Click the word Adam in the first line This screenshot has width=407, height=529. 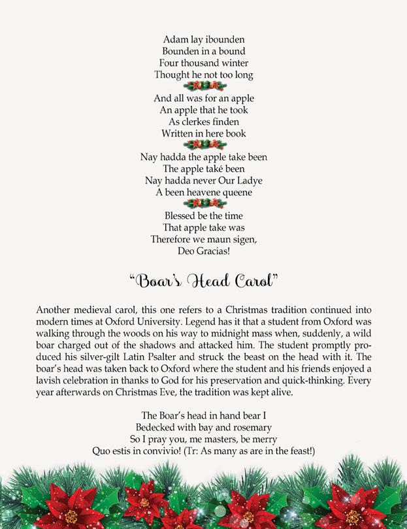pyautogui.click(x=172, y=39)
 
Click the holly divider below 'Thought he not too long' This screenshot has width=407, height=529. pyautogui.click(x=203, y=86)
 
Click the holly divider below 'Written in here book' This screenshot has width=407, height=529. pyautogui.click(x=203, y=145)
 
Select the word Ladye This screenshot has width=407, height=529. pyautogui.click(x=252, y=181)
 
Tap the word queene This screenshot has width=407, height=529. pyautogui.click(x=227, y=193)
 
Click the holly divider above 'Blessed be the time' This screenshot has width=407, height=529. pyautogui.click(x=203, y=204)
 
